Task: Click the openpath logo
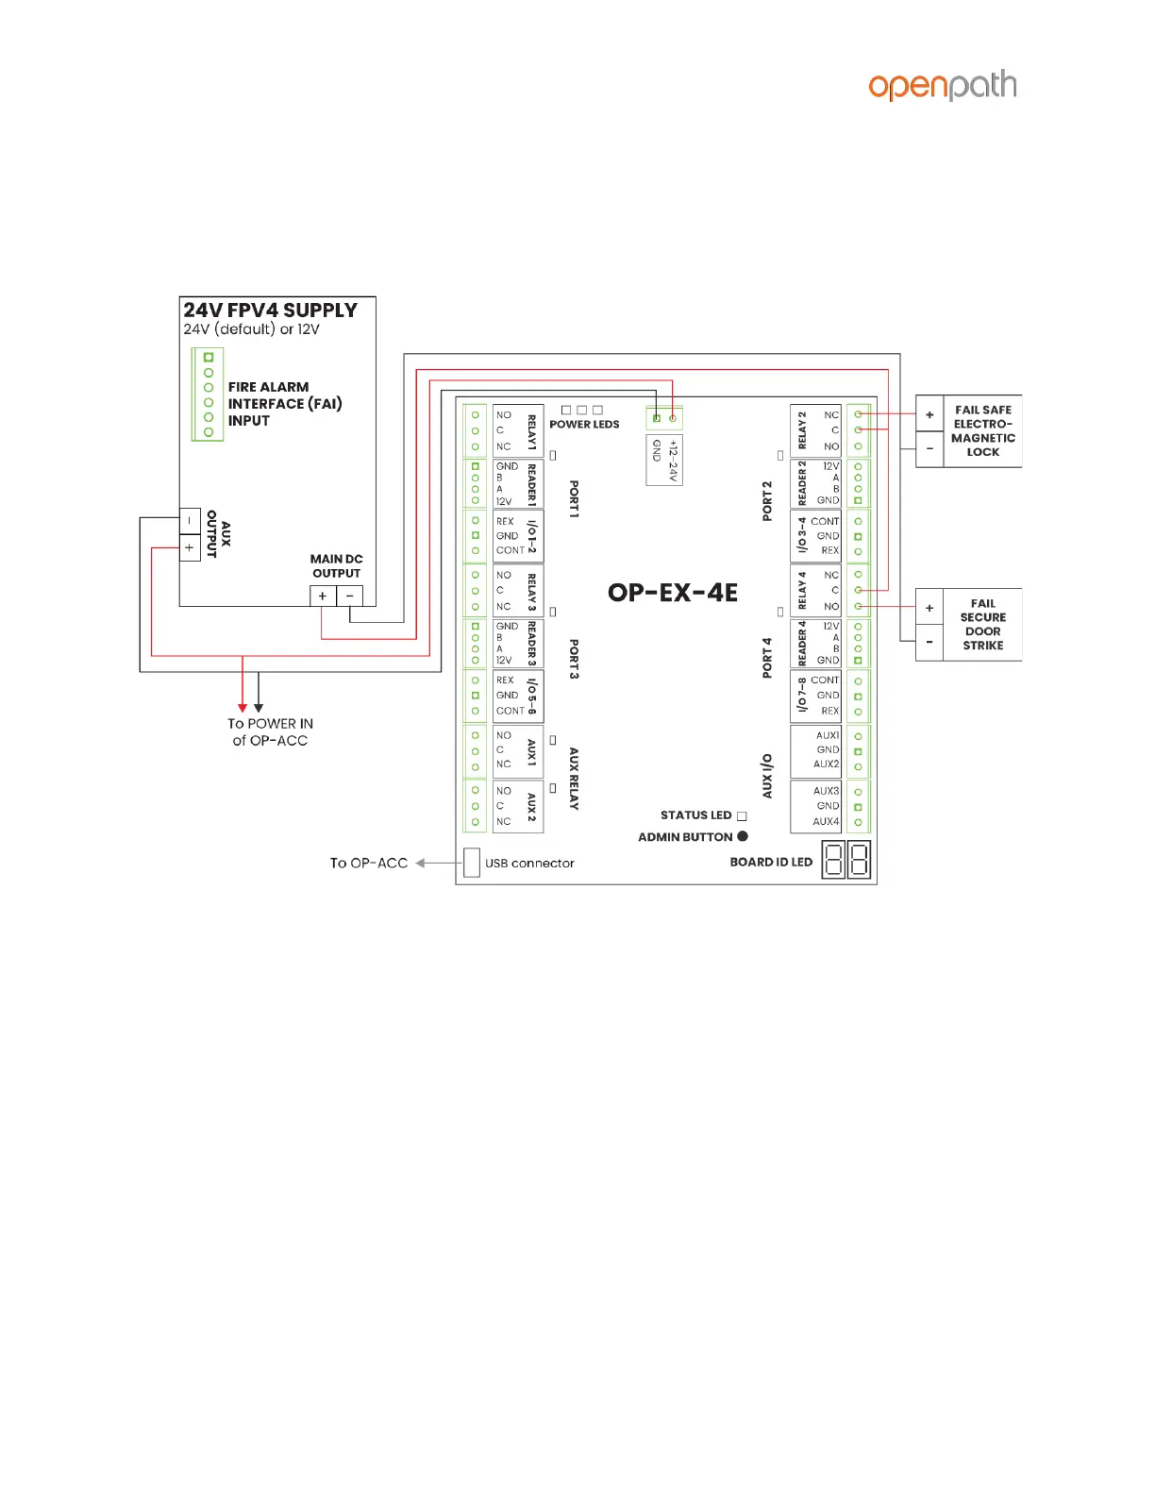(942, 86)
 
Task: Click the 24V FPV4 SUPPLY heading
(270, 311)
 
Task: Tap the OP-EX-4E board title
(672, 593)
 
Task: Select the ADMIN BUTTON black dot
(743, 836)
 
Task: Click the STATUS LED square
(742, 815)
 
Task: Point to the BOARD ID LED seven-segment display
(845, 861)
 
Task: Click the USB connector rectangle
(472, 862)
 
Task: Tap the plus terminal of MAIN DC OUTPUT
(323, 596)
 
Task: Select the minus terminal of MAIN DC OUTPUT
(350, 596)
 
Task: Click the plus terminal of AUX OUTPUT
(190, 547)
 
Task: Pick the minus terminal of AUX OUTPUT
(190, 520)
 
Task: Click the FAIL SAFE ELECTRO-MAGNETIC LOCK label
(982, 430)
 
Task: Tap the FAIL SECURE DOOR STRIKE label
(982, 624)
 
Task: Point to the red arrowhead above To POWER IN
(243, 708)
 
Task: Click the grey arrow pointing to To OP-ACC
(421, 863)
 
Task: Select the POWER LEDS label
(584, 425)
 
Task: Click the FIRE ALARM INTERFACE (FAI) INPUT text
(284, 404)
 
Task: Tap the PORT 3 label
(574, 659)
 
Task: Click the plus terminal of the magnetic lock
(929, 414)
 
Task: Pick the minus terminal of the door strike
(929, 643)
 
